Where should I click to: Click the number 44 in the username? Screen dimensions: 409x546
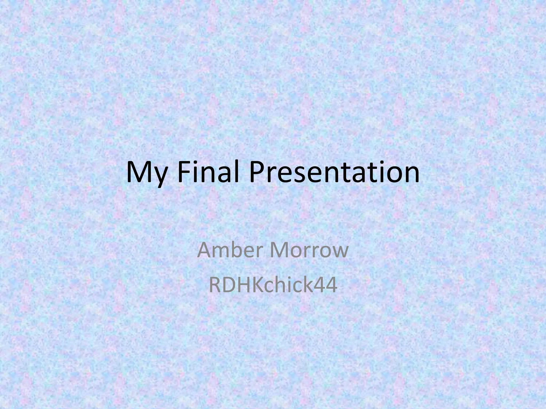click(x=327, y=285)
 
